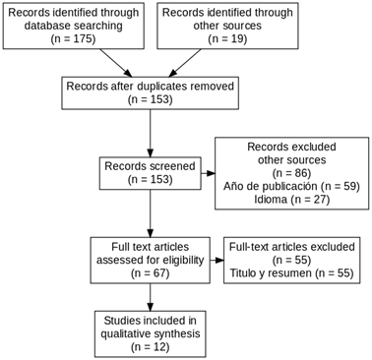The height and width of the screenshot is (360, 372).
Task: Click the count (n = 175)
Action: click(73, 38)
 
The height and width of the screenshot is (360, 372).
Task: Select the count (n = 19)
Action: click(227, 38)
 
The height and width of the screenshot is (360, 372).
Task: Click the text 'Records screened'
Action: click(150, 166)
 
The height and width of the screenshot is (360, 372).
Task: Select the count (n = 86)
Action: click(291, 173)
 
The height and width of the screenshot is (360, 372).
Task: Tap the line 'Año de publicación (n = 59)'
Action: click(291, 186)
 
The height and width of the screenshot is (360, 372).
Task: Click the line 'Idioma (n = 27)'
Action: click(291, 200)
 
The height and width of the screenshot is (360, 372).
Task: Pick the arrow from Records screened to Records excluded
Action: click(208, 173)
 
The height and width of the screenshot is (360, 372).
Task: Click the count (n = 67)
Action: click(150, 273)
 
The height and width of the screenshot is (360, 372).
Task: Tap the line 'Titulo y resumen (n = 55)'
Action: click(291, 273)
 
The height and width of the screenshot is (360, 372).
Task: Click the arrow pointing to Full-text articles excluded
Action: click(217, 261)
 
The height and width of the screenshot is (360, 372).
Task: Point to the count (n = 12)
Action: click(150, 347)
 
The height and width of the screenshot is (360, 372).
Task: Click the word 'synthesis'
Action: click(177, 333)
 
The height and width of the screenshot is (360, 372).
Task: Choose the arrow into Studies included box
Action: click(150, 297)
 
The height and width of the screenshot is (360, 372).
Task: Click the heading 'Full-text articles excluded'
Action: click(291, 247)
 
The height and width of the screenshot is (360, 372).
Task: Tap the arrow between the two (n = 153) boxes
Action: click(150, 133)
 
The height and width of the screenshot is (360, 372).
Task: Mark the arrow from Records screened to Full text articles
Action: click(150, 213)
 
